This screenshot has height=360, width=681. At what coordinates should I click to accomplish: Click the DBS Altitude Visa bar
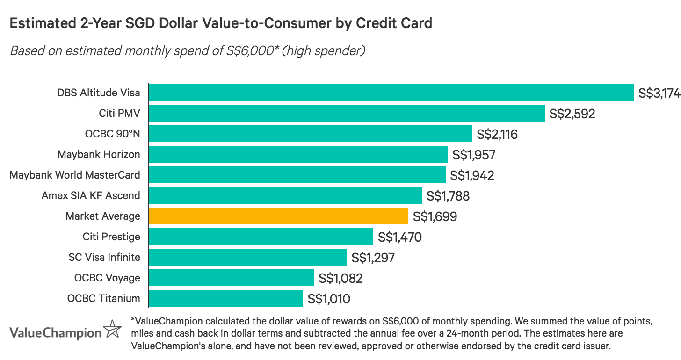tap(391, 93)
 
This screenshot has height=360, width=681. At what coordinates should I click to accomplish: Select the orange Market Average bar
tap(278, 216)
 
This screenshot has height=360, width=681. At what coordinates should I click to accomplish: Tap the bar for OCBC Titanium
tap(226, 298)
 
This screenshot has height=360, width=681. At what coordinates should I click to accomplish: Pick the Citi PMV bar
tap(347, 113)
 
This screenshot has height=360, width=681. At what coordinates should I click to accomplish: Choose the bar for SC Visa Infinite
tap(248, 257)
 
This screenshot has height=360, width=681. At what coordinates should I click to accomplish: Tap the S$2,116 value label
tap(497, 134)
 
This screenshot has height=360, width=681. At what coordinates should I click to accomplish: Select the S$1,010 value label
tap(329, 299)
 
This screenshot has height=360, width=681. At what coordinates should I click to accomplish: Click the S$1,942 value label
tap(472, 175)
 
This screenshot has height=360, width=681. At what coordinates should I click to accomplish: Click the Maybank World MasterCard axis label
tap(75, 175)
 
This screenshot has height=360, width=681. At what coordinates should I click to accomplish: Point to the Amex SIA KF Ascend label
tap(91, 195)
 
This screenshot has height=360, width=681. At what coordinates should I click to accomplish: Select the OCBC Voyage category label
tap(107, 278)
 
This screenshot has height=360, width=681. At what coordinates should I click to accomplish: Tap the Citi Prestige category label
tap(111, 237)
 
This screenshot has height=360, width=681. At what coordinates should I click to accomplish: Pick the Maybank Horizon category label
tap(99, 154)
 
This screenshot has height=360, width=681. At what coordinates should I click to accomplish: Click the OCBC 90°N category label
tap(112, 134)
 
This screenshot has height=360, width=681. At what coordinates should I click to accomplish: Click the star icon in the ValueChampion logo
tap(112, 330)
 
